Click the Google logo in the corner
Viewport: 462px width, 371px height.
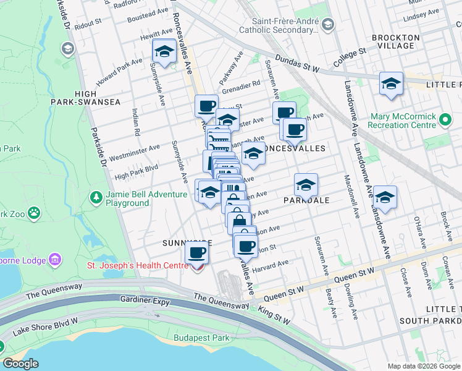tap(20, 364)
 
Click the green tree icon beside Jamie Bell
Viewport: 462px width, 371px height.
tap(96, 198)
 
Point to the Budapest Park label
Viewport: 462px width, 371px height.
tap(201, 338)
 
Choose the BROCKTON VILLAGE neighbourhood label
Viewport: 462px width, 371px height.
tap(396, 41)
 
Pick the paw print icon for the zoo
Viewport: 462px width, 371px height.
tap(34, 214)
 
